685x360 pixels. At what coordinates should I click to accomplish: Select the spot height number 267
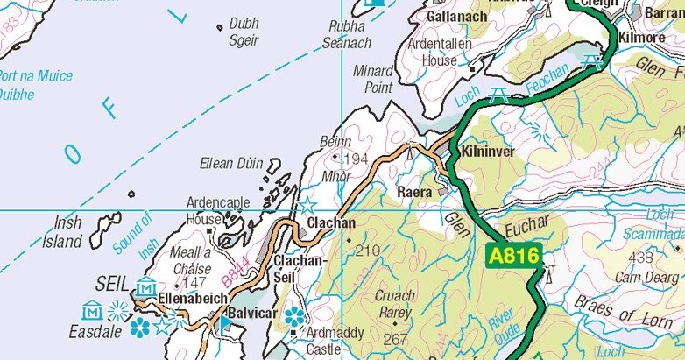(x=396, y=339)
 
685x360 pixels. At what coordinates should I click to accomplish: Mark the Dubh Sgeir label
(x=244, y=32)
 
